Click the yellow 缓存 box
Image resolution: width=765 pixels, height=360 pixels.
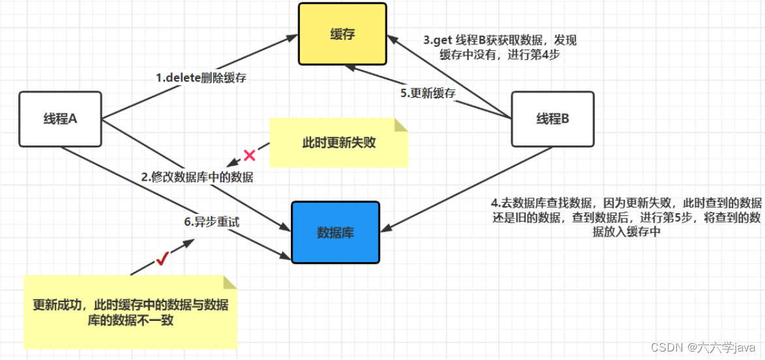342,34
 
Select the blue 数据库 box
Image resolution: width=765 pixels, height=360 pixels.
335,232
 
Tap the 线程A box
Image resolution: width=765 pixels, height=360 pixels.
60,119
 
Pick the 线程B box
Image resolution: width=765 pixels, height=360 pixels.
552,119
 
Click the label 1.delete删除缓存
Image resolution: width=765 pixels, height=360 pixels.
201,78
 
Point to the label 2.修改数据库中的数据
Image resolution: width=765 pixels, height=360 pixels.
198,177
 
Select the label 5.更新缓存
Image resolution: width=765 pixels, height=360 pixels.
428,93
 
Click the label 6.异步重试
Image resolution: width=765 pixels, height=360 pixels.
212,222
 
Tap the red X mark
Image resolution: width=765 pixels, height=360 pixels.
249,155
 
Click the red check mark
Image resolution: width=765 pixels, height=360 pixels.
162,260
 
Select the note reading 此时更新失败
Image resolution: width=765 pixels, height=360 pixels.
338,142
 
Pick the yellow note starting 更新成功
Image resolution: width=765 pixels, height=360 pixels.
130,312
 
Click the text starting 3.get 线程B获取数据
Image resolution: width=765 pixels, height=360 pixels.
500,48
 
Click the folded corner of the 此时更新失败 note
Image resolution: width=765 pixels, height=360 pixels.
400,125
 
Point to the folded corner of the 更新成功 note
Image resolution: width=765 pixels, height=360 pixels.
230,282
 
